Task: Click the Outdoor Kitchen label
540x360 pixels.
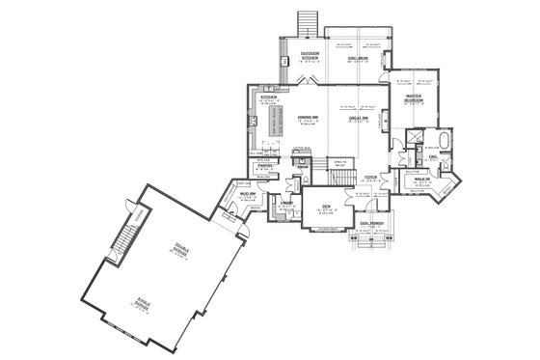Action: [310, 55]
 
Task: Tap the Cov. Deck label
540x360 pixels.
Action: [357, 57]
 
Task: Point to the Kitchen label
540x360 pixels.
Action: [268, 97]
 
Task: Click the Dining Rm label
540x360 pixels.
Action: [310, 118]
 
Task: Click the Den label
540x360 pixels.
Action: [328, 205]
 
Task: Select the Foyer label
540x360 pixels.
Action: [370, 177]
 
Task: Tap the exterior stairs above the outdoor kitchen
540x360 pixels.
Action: [309, 21]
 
